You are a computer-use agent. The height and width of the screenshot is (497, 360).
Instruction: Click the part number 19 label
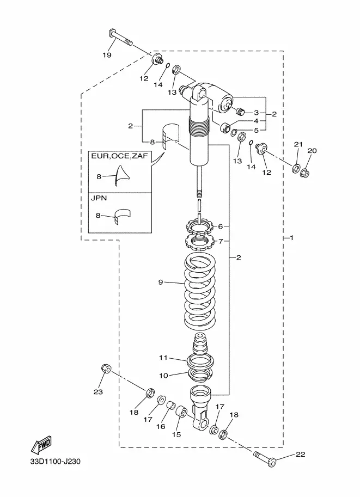tap(107, 55)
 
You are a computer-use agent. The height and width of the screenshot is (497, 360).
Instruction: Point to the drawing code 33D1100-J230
tap(56, 461)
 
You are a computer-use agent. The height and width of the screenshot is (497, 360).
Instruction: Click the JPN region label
tap(99, 198)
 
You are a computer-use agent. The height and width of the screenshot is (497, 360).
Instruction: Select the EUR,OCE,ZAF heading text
tap(119, 156)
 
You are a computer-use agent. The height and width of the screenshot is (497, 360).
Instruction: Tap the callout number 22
tap(301, 454)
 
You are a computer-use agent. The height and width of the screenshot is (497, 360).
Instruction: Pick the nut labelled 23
tap(106, 369)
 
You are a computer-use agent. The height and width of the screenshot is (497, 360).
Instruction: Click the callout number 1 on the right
tap(292, 237)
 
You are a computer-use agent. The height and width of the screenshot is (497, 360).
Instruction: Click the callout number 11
tap(163, 358)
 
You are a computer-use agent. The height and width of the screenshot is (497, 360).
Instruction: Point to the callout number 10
tap(163, 376)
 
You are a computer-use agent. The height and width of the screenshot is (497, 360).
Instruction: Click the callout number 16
tap(161, 426)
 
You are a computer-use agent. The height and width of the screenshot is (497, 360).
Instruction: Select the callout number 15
tap(176, 434)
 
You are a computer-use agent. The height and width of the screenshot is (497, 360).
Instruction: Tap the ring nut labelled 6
tap(199, 226)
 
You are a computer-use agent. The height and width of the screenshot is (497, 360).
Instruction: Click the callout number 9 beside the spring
tap(161, 282)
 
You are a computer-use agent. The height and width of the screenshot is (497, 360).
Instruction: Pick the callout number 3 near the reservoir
tap(257, 113)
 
